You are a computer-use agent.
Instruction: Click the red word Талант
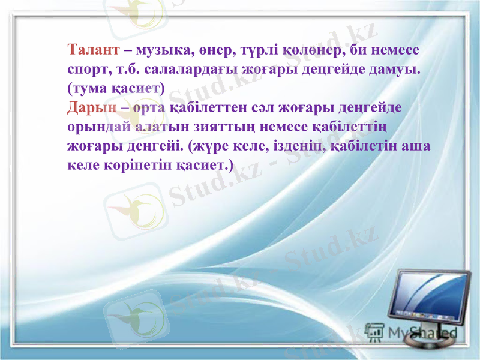pyautogui.click(x=91, y=49)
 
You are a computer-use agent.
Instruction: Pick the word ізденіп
pyautogui.click(x=289, y=146)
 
